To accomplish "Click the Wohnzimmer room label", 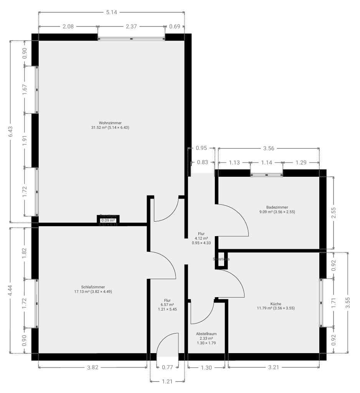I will coord(110,123).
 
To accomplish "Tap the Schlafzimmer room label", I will coord(93,287).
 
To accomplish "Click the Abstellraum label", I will coord(206,334).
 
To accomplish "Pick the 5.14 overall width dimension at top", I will coord(111,12).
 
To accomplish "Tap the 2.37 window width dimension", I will coord(131,26).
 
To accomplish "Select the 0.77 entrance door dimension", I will coord(167,367).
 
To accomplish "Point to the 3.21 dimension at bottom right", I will coord(274,367).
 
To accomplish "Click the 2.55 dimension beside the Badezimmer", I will coord(334,213).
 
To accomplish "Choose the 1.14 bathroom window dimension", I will coord(266,163).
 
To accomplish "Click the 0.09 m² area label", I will coord(108,220).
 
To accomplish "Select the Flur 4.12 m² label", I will coord(201,238).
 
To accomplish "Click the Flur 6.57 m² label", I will coord(167,305).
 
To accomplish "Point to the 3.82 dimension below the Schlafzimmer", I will coord(93,367).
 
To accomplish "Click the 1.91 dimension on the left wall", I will coord(25,140).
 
